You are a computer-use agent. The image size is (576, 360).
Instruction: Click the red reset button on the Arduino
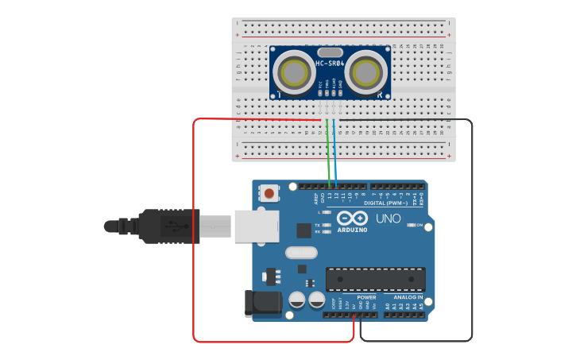click(270, 193)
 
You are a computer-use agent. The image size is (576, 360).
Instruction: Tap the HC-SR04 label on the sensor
click(330, 63)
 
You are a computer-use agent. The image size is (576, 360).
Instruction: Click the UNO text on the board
click(388, 219)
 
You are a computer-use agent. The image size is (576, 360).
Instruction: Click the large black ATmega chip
click(375, 279)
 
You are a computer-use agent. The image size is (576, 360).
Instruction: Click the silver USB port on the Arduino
click(256, 226)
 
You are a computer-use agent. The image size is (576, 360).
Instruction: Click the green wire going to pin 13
click(327, 155)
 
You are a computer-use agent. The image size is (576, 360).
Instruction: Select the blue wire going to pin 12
click(335, 155)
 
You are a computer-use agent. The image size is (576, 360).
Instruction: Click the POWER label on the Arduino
click(366, 297)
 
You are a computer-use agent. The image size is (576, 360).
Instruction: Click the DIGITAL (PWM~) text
click(386, 203)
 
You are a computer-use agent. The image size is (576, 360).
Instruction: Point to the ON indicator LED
click(412, 226)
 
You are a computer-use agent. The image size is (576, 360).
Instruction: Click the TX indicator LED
click(327, 225)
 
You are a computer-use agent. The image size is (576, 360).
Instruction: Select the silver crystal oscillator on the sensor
click(330, 51)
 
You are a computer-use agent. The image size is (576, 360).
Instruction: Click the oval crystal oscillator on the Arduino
click(300, 253)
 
